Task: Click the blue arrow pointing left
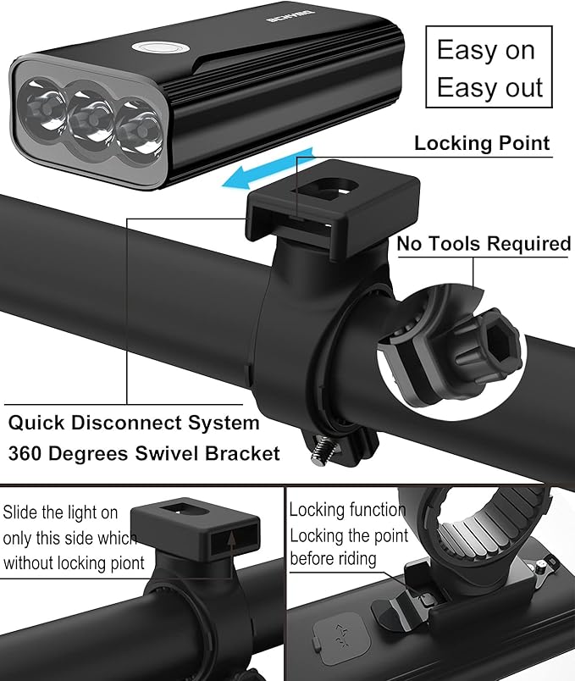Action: point(268,170)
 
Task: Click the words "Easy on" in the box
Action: point(485,50)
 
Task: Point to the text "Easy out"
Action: point(489,87)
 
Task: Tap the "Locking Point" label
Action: point(482,143)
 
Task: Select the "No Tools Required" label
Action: point(484,243)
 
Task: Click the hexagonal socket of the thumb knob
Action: point(500,343)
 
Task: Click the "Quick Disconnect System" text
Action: point(134,423)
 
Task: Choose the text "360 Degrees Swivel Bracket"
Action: point(144,453)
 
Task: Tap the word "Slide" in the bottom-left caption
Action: point(20,512)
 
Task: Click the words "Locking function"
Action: point(347,510)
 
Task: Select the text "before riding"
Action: point(333,558)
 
